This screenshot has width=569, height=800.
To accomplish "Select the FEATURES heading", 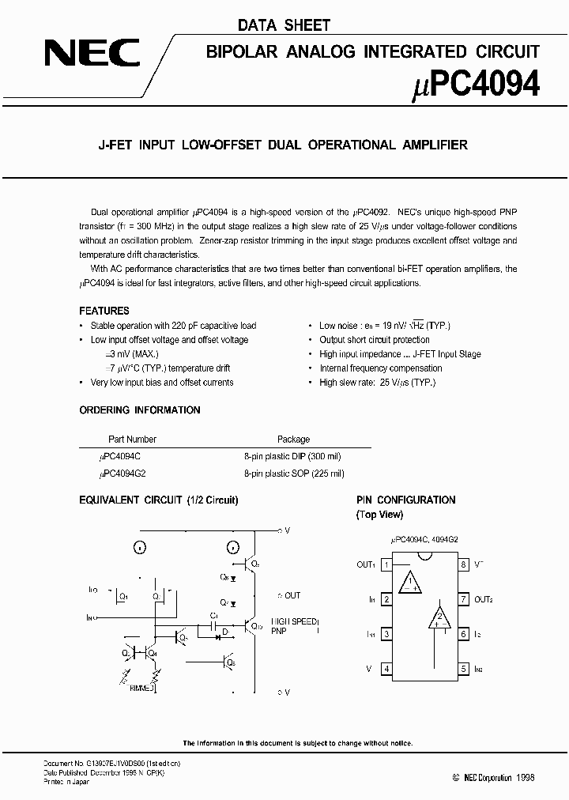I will (104, 311).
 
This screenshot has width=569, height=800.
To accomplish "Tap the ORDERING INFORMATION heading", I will (140, 410).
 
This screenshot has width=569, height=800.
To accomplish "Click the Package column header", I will (293, 440).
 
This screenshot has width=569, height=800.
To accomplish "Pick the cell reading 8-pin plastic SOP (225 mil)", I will (294, 474).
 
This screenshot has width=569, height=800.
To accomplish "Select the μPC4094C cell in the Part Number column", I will (120, 457).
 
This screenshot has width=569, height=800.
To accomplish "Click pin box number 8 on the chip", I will (464, 565).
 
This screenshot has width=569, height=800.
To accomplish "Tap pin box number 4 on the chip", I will (386, 669).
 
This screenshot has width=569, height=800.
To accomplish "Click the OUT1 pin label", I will (366, 565).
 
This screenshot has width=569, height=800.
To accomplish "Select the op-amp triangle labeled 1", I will (409, 583).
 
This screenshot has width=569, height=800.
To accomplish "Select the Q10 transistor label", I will (257, 626).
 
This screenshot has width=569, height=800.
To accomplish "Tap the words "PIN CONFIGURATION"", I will (405, 500).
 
